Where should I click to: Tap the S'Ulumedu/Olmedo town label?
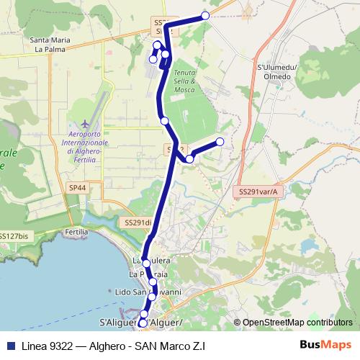pos(277,71)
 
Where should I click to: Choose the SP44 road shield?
pos(77,187)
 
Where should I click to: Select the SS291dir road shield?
pos(138,223)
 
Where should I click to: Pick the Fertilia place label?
pos(76,233)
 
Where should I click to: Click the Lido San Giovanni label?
pos(148,292)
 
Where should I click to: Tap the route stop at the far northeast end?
pos(205,15)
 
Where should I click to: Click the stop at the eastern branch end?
pos(220,141)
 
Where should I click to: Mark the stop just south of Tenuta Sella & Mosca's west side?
pos(164,120)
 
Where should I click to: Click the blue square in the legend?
pos(8,345)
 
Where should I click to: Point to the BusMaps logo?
pos(325,345)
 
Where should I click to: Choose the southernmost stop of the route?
pos(142,324)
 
